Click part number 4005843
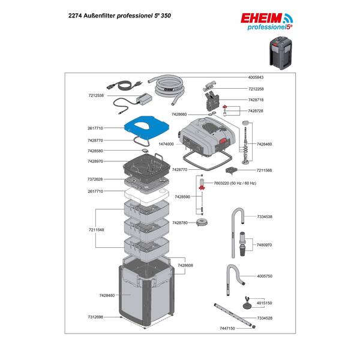[260, 78]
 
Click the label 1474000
[166, 145]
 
